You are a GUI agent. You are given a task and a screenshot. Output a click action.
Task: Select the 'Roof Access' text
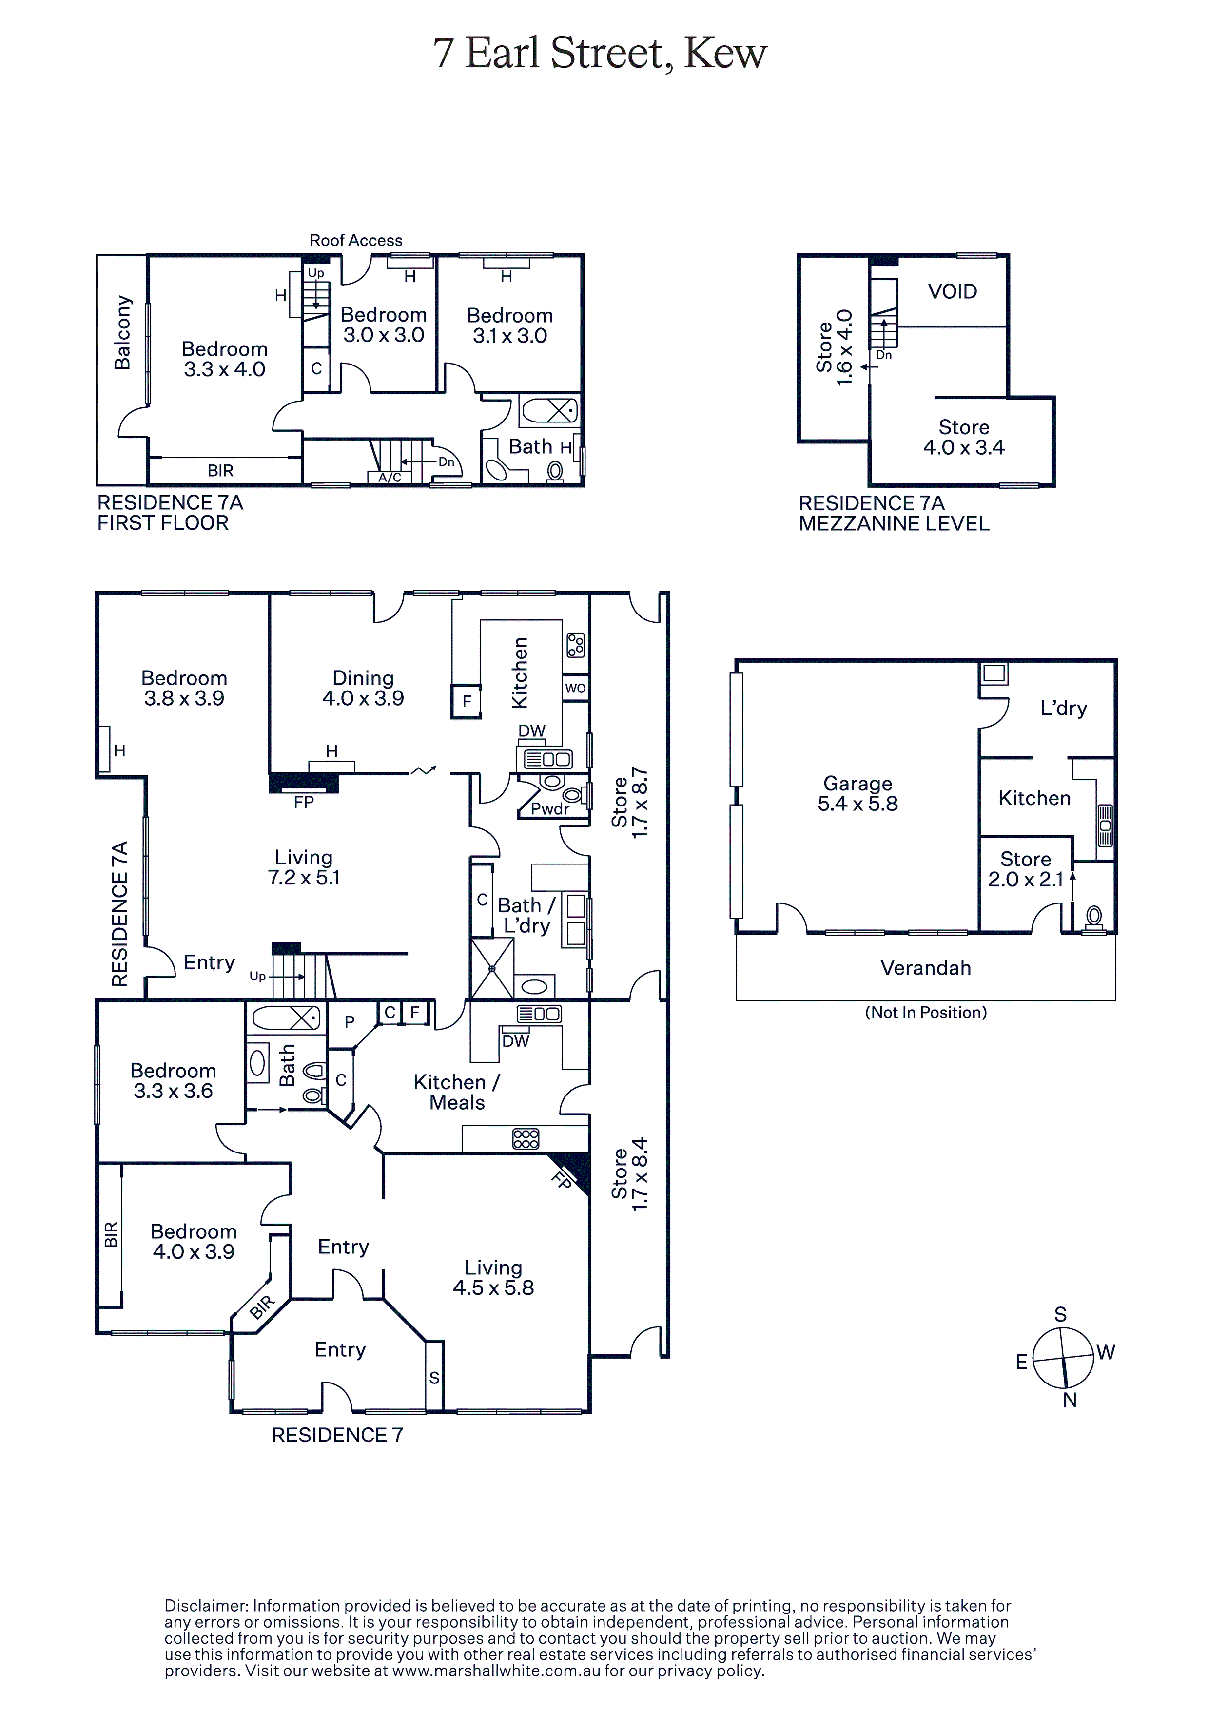(356, 240)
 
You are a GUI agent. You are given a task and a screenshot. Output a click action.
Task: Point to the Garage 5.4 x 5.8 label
(858, 793)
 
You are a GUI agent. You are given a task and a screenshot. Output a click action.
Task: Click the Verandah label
(926, 968)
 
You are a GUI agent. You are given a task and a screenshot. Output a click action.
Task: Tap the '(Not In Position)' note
(926, 1012)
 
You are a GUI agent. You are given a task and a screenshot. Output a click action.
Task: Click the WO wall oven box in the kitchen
(576, 688)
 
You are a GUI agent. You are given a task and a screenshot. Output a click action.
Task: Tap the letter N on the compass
(1070, 1400)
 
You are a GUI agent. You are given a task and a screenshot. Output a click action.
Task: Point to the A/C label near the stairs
(390, 477)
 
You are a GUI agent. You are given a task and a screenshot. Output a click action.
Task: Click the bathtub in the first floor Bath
(549, 410)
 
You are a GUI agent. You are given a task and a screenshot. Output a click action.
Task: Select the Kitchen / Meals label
(457, 1092)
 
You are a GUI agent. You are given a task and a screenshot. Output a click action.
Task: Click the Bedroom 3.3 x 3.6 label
(174, 1081)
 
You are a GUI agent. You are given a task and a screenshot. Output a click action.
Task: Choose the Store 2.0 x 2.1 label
(1026, 869)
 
